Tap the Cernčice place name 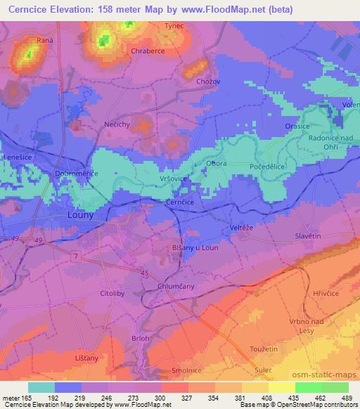180,201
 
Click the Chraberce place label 148,51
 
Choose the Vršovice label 173,179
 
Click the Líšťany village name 86,357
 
